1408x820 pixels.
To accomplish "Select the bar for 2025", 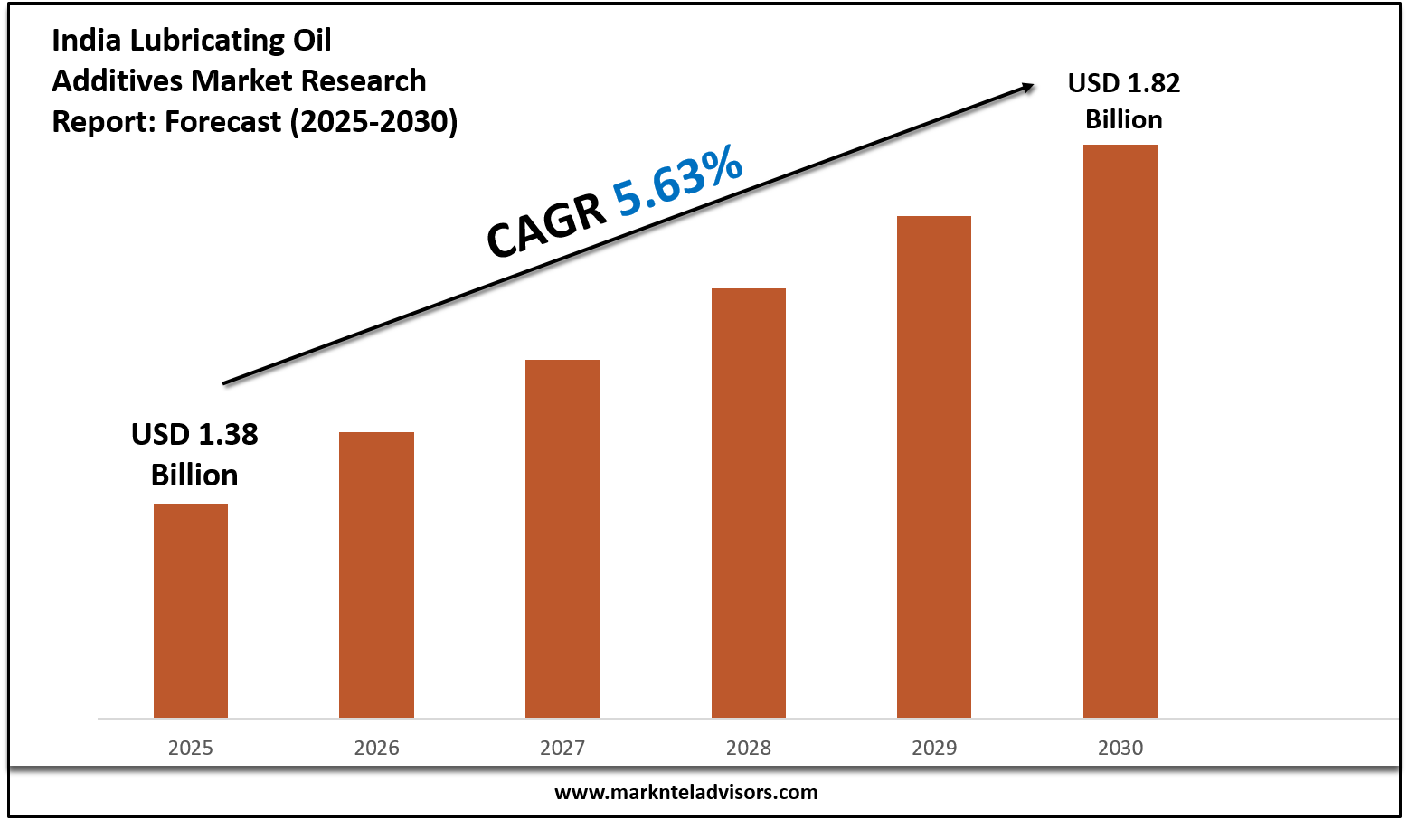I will (x=191, y=610).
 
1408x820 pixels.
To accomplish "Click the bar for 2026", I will (x=376, y=575).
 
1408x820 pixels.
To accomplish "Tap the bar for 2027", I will (x=562, y=539).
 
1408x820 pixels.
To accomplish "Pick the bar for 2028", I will (x=749, y=503).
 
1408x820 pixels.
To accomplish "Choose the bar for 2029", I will (x=934, y=467).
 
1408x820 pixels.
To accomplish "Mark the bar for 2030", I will (x=1120, y=431).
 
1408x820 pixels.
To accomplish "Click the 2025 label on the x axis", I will (x=191, y=748).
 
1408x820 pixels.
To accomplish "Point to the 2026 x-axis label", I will (x=376, y=748).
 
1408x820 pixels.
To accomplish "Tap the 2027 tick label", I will (x=562, y=748).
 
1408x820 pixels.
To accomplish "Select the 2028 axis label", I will (x=749, y=748).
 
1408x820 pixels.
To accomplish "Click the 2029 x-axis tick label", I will (x=934, y=748).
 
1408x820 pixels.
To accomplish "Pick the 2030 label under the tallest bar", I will (x=1120, y=748).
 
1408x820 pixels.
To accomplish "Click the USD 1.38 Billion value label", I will (x=194, y=454).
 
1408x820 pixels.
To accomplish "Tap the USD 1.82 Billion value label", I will (x=1124, y=100).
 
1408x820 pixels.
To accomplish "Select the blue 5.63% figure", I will (x=678, y=184).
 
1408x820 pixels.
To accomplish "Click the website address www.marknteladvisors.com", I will (x=685, y=792).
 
